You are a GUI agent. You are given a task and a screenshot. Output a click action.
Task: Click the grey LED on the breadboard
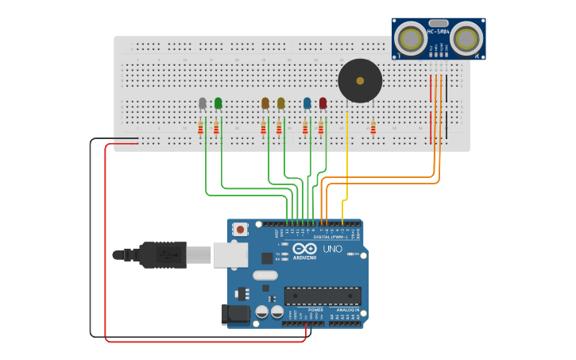pyautogui.click(x=203, y=103)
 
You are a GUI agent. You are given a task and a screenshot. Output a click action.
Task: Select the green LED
pyautogui.click(x=218, y=103)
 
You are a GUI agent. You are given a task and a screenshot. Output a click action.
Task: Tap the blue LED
pyautogui.click(x=307, y=103)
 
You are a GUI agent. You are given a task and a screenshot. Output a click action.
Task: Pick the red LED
pyautogui.click(x=323, y=103)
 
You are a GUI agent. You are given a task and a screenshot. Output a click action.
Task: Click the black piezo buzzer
pyautogui.click(x=360, y=81)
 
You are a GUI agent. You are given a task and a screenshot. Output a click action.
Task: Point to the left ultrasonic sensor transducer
pyautogui.click(x=412, y=37)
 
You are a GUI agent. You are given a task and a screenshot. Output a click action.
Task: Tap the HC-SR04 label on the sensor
pyautogui.click(x=439, y=32)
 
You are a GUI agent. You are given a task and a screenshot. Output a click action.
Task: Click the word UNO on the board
pyautogui.click(x=333, y=249)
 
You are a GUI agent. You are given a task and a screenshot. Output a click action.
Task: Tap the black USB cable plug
pyautogui.click(x=163, y=255)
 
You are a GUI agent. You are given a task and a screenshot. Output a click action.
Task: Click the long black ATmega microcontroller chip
pyautogui.click(x=323, y=296)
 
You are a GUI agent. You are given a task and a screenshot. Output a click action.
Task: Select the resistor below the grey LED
pyautogui.click(x=201, y=129)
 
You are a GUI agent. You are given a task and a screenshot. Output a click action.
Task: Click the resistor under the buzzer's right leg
pyautogui.click(x=373, y=128)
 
